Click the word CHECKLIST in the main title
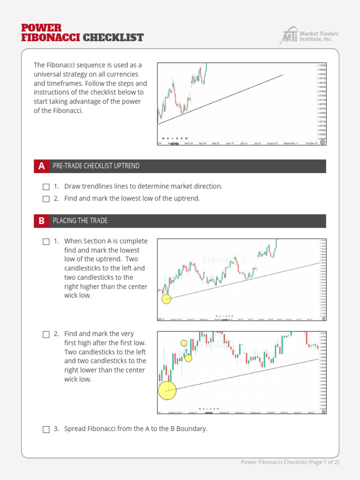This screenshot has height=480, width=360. pyautogui.click(x=113, y=37)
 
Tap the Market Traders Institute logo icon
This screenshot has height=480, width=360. pyautogui.click(x=289, y=36)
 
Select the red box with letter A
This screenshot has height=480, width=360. pyautogui.click(x=42, y=166)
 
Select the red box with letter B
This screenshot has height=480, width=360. pyautogui.click(x=42, y=221)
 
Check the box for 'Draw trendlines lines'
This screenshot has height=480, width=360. pyautogui.click(x=46, y=187)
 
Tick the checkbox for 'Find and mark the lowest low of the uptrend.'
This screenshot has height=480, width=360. pyautogui.click(x=46, y=199)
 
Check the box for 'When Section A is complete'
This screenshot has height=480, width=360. pyautogui.click(x=46, y=242)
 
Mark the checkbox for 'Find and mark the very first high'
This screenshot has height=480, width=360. pyautogui.click(x=46, y=334)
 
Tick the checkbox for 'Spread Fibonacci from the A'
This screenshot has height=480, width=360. pyautogui.click(x=46, y=429)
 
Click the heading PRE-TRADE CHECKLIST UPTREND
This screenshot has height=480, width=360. pyautogui.click(x=96, y=166)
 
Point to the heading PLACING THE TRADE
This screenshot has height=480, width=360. pyautogui.click(x=80, y=221)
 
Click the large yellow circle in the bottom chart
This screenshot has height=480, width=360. pyautogui.click(x=167, y=390)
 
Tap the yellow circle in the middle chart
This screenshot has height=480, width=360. pyautogui.click(x=166, y=299)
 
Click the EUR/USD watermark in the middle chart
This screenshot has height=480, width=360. pyautogui.click(x=224, y=260)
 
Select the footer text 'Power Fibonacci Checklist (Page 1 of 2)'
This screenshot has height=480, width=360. pyautogui.click(x=290, y=462)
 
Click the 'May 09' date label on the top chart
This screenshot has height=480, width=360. pyautogui.click(x=202, y=143)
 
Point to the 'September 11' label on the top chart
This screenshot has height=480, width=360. pyautogui.click(x=292, y=143)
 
